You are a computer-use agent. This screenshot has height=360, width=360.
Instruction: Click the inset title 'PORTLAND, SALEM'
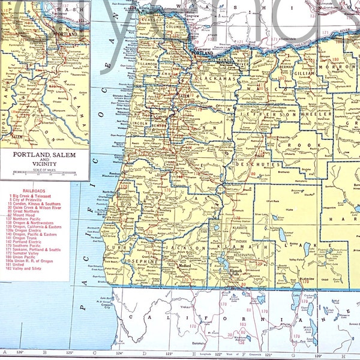coord(44,154)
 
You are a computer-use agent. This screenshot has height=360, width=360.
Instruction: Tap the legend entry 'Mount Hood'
coord(28,212)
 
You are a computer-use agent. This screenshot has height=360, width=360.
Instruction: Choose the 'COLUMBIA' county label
coord(178,27)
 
